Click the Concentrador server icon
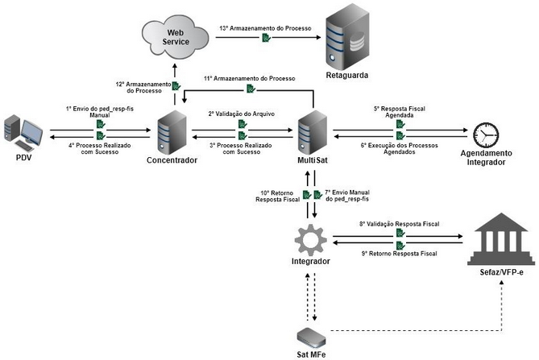click(172, 131)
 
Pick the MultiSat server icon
click(311, 131)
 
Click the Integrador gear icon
click(311, 241)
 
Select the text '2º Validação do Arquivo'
click(242, 114)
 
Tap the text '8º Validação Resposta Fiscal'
click(399, 227)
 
